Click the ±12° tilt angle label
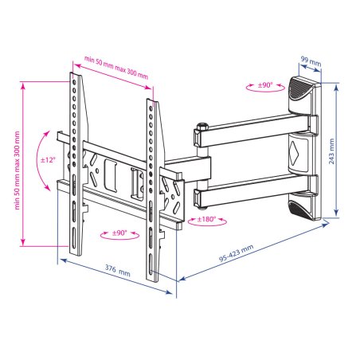pyautogui.click(x=48, y=160)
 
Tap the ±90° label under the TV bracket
pyautogui.click(x=114, y=234)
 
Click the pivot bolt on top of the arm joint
pyautogui.click(x=202, y=125)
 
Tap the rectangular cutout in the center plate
pyautogui.click(x=112, y=172)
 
